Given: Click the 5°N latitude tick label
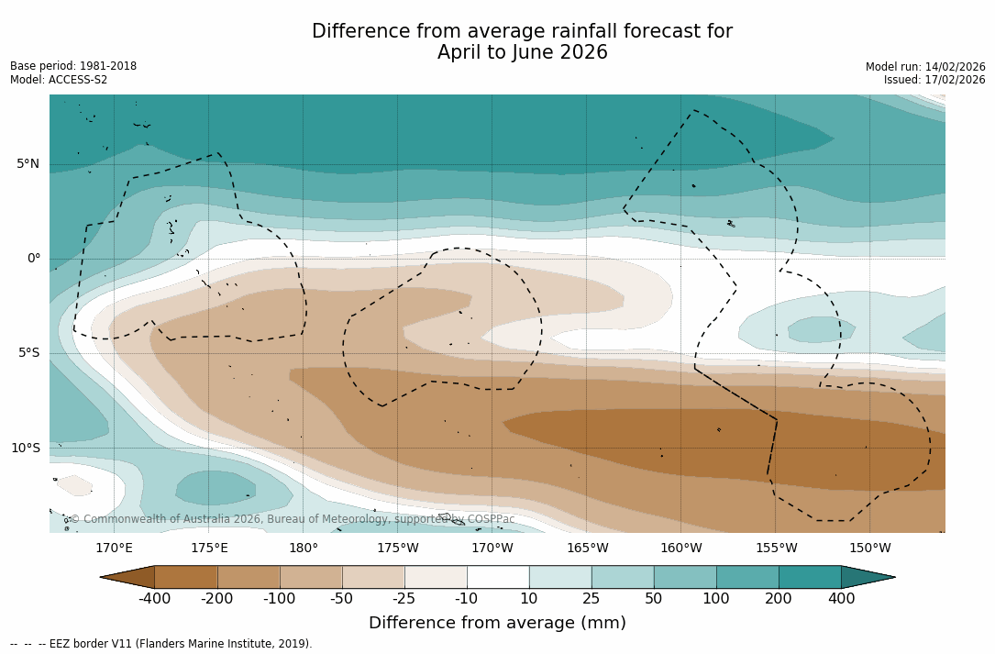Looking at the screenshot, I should coord(28,164).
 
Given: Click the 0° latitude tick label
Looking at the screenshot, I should coord(33,259).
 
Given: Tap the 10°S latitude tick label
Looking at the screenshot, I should coord(25,449).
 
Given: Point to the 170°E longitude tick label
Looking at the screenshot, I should coord(114,549).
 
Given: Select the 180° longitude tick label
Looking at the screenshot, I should coord(304,549).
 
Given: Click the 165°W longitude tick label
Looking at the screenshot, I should coord(587,549).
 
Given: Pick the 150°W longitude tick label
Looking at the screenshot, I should coord(869,549).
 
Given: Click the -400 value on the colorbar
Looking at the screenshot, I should coord(154,599).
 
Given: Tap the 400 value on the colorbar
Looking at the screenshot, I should coord(841,599).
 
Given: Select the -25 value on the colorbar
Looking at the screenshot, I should coord(404,599).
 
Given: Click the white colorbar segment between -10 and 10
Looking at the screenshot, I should coord(498,577).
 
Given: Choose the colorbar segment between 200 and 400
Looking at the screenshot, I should coord(810,577).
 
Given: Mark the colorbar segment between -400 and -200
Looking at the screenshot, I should coord(186,577).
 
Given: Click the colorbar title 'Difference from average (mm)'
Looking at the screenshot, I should coord(497,624).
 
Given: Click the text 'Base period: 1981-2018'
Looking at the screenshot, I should coord(73,66).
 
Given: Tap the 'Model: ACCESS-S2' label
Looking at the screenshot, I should coord(59,80).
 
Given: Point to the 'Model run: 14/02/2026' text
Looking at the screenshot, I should coord(925,67).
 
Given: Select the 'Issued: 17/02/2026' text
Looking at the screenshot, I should coord(934,80).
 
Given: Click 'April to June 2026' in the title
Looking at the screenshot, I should coord(522,53).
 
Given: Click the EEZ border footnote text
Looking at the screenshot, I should coord(160,644).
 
